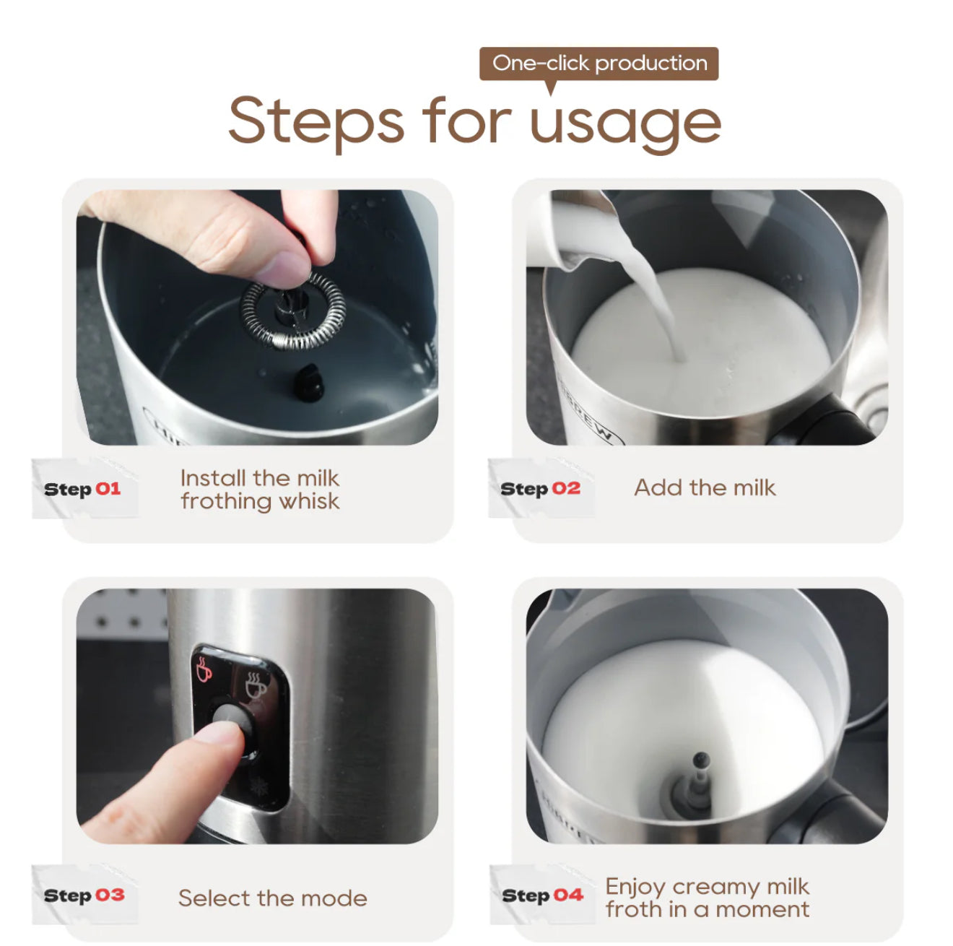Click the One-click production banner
pyautogui.click(x=599, y=64)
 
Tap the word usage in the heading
pyautogui.click(x=625, y=123)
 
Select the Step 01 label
pyautogui.click(x=82, y=489)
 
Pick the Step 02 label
pyautogui.click(x=541, y=489)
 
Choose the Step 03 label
pyautogui.click(x=84, y=895)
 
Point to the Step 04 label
pyautogui.click(x=542, y=895)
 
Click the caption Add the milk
pyautogui.click(x=705, y=487)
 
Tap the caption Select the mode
pyautogui.click(x=272, y=898)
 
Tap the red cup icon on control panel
pyautogui.click(x=204, y=669)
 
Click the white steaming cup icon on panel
pyautogui.click(x=256, y=685)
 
